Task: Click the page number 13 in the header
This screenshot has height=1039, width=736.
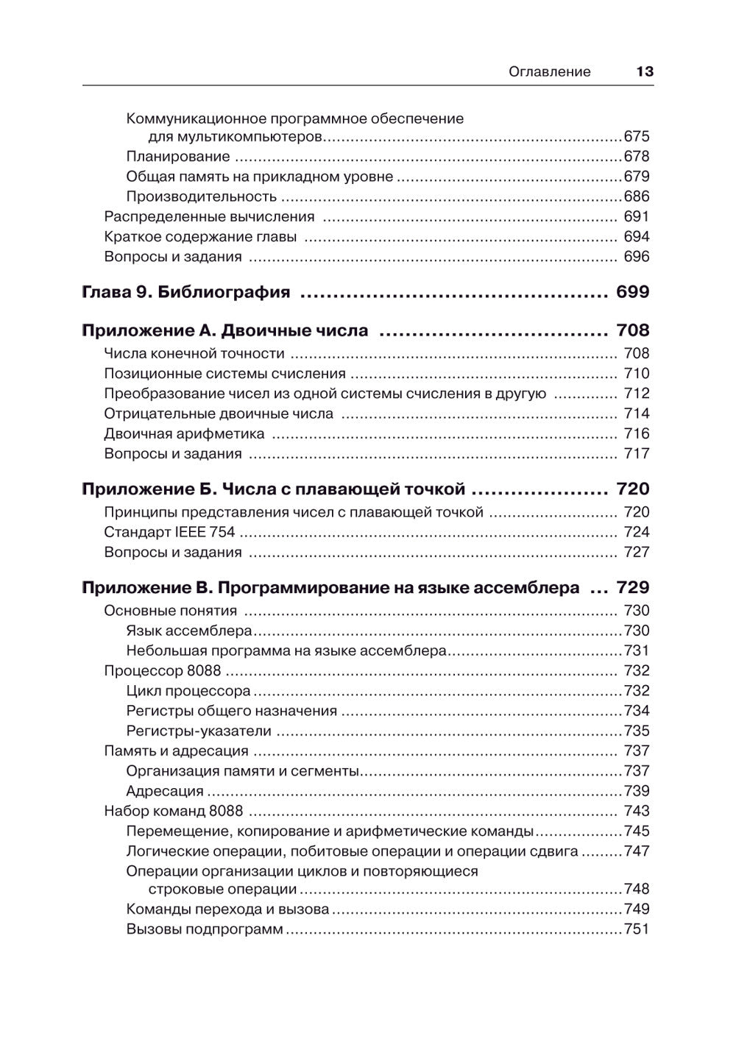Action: pos(644,71)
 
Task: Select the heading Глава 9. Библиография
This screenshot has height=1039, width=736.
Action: pos(185,292)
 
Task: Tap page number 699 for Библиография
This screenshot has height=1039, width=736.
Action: pos(632,292)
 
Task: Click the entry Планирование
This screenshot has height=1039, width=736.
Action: pos(178,157)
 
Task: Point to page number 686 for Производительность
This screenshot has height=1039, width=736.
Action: pos(637,196)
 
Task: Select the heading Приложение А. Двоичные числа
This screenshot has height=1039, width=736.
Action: pos(224,331)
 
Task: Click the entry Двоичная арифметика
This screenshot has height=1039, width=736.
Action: pos(184,433)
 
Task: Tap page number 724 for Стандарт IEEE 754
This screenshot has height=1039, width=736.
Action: pos(637,532)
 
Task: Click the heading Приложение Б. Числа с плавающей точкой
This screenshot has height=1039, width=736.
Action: pos(273,489)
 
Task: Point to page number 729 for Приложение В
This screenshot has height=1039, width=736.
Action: pos(632,588)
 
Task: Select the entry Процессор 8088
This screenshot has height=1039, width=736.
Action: pos(162,670)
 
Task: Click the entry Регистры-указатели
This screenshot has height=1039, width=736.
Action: pos(199,731)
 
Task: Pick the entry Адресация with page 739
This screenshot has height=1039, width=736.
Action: pos(165,791)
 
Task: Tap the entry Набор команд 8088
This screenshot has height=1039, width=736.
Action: pos(173,811)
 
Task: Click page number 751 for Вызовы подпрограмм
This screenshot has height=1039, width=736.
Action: pos(637,929)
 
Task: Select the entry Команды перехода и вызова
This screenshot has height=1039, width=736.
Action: pos(227,909)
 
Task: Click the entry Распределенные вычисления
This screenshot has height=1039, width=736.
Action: pos(209,216)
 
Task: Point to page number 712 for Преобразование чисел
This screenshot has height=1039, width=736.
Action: pos(637,394)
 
